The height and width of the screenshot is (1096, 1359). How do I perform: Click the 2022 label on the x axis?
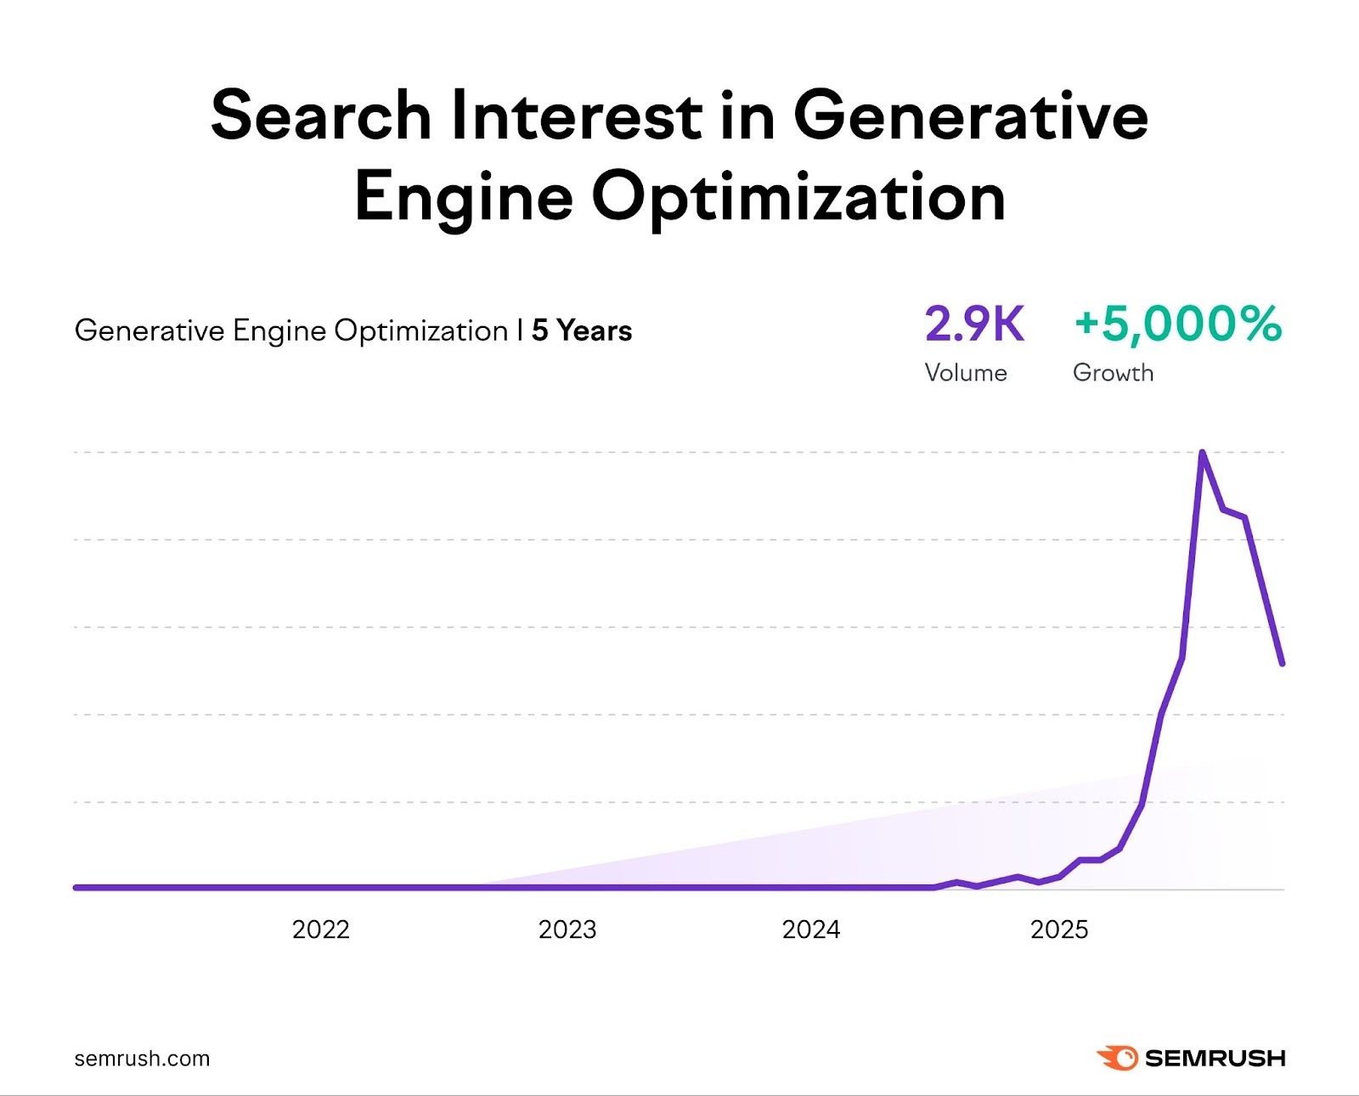click(x=320, y=929)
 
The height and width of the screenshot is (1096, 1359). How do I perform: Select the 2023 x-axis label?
click(x=567, y=929)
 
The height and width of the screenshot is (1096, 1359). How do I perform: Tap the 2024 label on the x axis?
click(x=811, y=929)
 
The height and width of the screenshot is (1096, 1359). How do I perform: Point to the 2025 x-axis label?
click(x=1059, y=929)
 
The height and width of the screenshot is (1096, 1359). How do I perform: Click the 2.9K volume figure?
click(x=974, y=325)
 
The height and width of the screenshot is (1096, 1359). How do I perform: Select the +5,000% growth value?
click(x=1177, y=325)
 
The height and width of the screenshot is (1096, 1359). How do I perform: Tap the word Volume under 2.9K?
click(x=966, y=373)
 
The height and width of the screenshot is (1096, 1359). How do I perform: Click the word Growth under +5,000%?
click(x=1113, y=373)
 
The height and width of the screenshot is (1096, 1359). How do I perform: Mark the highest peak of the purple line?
click(x=1202, y=453)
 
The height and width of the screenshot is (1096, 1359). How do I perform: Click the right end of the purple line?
click(x=1282, y=663)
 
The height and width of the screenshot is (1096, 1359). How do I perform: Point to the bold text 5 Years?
click(x=582, y=330)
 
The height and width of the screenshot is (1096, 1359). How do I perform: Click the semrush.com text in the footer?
click(x=142, y=1059)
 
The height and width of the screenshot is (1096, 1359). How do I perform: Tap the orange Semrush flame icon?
click(x=1118, y=1058)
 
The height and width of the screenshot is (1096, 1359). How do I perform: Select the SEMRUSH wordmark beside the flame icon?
click(x=1215, y=1059)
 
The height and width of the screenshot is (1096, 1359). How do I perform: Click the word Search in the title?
click(x=321, y=116)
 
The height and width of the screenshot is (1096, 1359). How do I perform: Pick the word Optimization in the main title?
click(x=798, y=197)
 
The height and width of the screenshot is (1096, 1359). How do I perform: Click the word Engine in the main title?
click(x=464, y=197)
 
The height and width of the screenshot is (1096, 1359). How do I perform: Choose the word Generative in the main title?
click(x=970, y=116)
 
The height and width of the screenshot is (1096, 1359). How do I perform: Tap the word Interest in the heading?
click(x=576, y=116)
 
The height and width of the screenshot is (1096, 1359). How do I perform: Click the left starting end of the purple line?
click(x=76, y=887)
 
